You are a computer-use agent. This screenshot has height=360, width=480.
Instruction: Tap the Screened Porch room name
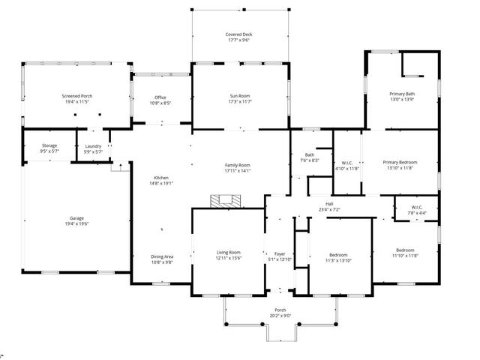pos(77,96)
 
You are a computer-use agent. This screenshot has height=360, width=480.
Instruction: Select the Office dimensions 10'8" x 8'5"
pos(160,103)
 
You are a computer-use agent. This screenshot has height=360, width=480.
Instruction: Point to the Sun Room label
pos(240,96)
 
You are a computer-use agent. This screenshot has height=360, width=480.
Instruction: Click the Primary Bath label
pos(402,94)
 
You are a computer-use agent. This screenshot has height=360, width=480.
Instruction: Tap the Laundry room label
pos(94,146)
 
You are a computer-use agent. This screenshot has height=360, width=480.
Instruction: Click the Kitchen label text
pos(162,177)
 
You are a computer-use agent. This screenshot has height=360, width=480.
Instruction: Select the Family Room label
pos(238,164)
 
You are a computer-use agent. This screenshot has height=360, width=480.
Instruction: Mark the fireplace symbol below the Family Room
pos(226,200)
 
